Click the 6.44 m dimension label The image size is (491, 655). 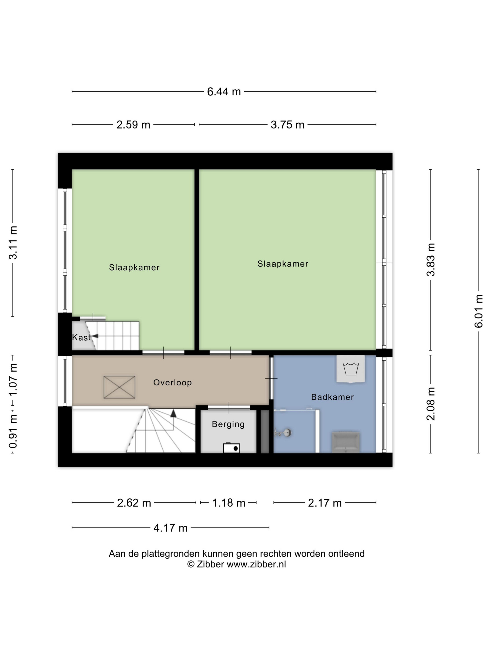(224, 92)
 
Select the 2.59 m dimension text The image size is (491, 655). (133, 125)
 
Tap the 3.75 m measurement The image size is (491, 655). (287, 125)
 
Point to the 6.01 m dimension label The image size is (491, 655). (478, 311)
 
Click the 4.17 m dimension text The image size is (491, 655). (170, 528)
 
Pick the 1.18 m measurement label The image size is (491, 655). (229, 503)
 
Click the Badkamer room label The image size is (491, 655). (332, 397)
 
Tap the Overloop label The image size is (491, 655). (173, 382)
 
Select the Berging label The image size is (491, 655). (228, 425)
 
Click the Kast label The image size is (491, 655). (81, 337)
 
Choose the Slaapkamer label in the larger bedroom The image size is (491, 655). (283, 264)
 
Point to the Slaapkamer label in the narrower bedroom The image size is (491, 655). (134, 267)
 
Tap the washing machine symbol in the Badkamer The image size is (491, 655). (351, 369)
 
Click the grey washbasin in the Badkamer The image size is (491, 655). (346, 442)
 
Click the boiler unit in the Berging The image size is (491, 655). (231, 448)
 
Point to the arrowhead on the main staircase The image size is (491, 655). (173, 413)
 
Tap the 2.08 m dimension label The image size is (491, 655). (431, 404)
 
